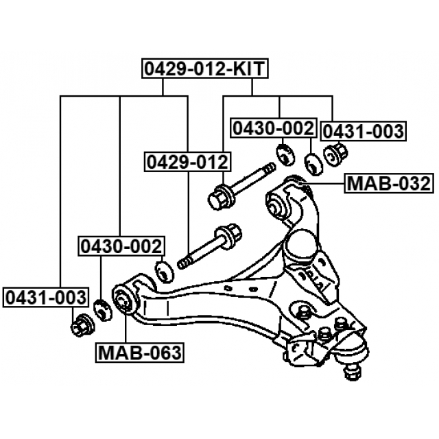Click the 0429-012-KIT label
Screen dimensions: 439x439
204,69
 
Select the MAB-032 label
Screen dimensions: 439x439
388,183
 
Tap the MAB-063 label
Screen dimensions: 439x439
139,353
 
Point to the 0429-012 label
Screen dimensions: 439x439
186,163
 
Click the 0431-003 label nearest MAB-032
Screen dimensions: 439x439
364,130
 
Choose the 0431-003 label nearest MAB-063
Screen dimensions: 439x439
46,298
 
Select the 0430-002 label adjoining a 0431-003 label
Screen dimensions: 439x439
273,128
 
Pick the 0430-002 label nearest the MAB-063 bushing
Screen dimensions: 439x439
121,246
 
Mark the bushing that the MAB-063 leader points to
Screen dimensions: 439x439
125,300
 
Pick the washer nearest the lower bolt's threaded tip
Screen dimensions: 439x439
165,270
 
